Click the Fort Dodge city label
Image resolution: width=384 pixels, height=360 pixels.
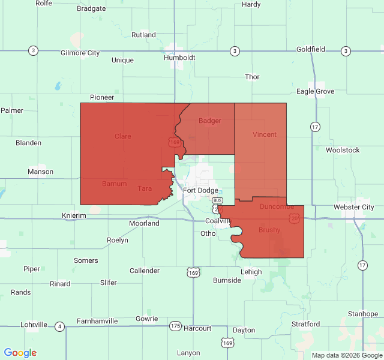click(201, 190)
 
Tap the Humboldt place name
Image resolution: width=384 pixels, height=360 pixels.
click(179, 58)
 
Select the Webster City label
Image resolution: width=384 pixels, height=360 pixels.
click(354, 207)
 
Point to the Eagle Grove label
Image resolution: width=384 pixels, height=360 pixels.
click(315, 91)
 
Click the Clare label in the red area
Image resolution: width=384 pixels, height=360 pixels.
click(123, 136)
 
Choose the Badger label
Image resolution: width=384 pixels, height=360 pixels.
click(210, 121)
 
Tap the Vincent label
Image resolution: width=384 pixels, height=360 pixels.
click(265, 134)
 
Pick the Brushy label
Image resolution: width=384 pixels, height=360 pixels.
click(269, 230)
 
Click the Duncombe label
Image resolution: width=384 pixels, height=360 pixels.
click(277, 206)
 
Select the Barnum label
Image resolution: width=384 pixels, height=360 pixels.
click(114, 184)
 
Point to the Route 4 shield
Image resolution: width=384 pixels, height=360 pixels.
click(59, 326)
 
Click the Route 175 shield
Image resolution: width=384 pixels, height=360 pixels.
click(175, 326)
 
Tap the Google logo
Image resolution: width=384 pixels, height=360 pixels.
click(20, 353)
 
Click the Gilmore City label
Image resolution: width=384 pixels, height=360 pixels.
click(80, 53)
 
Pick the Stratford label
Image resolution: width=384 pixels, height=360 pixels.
click(305, 324)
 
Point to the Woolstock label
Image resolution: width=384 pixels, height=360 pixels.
click(343, 150)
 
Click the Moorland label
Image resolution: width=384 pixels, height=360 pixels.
click(144, 223)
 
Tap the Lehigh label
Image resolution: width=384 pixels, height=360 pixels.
click(251, 272)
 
